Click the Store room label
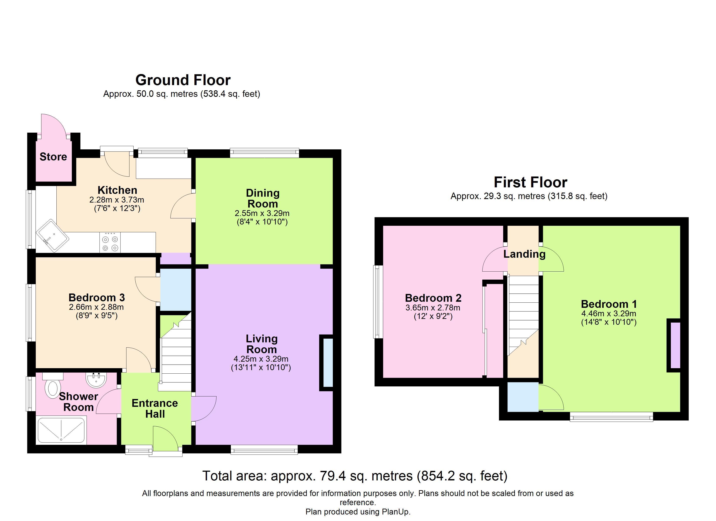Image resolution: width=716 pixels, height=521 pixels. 53,157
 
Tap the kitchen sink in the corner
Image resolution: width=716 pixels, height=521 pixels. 53,236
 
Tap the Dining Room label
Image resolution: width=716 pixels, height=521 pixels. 263,198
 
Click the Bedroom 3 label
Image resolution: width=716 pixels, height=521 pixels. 97,297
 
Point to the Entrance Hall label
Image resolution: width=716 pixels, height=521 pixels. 155,409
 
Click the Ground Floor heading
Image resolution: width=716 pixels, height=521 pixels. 183,80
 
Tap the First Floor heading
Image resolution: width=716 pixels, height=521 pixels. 530,182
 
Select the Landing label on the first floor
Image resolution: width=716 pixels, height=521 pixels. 524,254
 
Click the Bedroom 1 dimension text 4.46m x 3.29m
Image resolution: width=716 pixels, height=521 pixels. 609,314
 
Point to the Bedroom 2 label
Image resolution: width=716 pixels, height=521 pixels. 433,298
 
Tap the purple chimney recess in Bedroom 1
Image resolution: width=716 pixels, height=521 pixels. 675,345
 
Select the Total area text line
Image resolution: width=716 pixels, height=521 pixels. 355,476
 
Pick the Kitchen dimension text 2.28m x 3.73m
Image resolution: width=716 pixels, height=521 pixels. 117,200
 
